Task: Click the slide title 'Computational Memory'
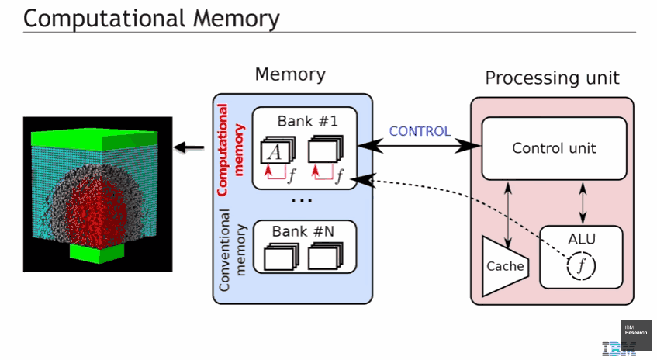151,17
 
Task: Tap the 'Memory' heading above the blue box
290,74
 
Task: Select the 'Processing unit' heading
552,78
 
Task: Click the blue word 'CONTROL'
420,131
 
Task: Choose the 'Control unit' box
554,147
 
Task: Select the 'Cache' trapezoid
503,266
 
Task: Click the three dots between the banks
303,201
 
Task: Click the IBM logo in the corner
619,349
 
